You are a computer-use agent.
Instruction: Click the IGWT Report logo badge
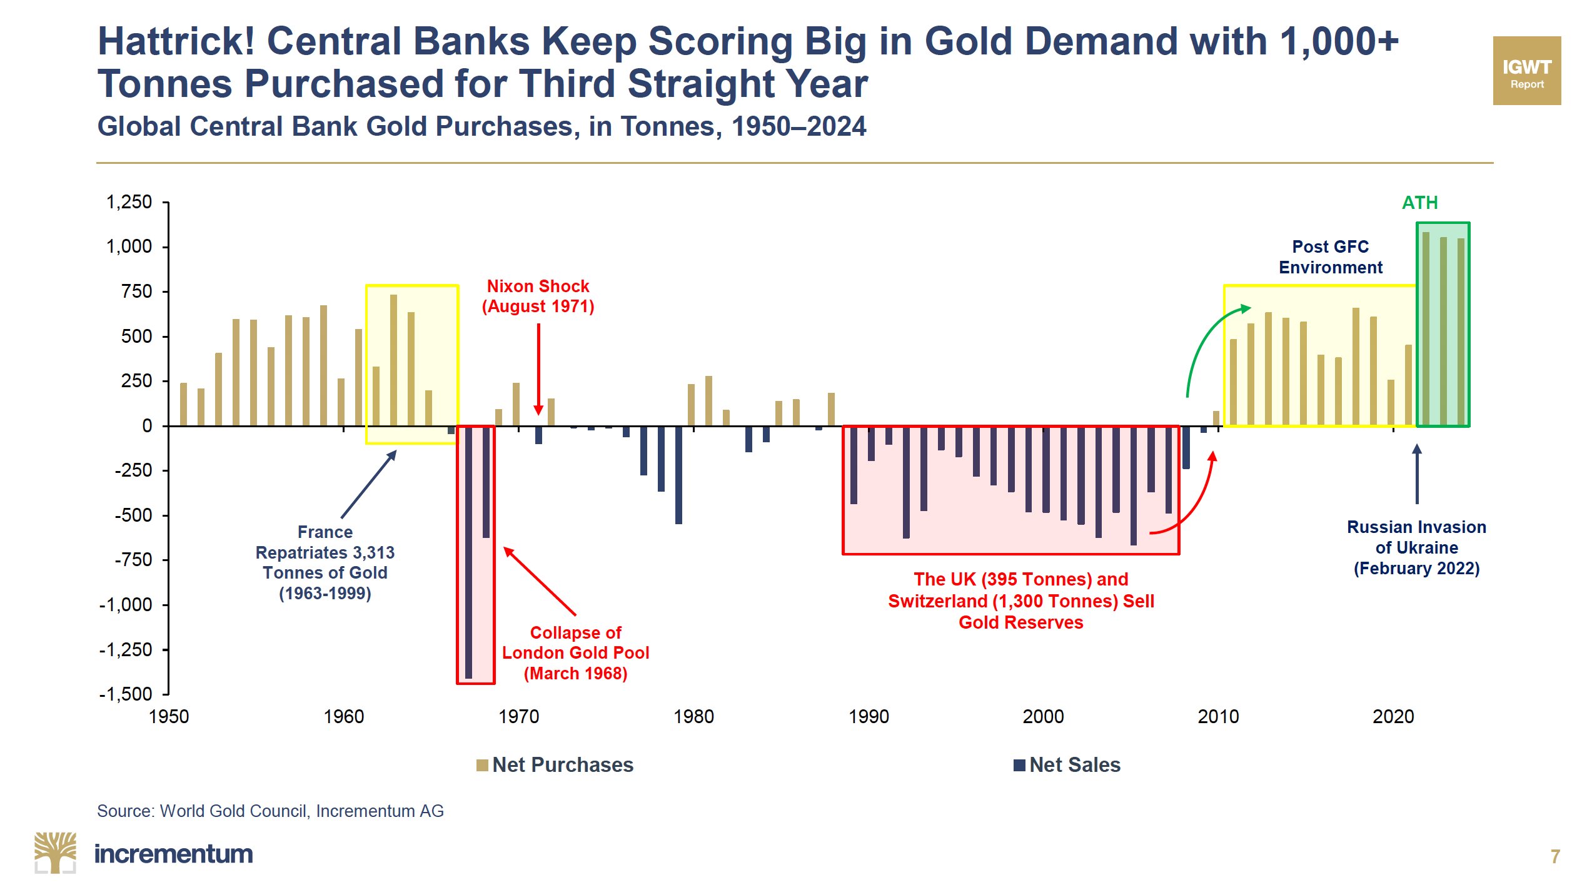coord(1526,71)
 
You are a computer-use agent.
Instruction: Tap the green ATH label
coord(1419,203)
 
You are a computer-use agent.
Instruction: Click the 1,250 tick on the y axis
coord(129,202)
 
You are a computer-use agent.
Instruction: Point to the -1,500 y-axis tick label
coord(126,694)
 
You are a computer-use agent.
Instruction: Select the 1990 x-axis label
coord(868,716)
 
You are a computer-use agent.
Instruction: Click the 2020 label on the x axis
coord(1393,716)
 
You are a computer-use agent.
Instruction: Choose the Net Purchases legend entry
coord(555,764)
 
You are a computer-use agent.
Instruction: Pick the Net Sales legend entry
coord(1067,764)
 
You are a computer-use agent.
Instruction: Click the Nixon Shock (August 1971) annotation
coord(538,296)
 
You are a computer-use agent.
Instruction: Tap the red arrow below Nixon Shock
coord(538,369)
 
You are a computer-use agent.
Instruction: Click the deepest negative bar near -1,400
coord(468,552)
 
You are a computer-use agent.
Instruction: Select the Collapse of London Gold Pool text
coord(575,652)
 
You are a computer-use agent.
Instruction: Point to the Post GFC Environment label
coord(1330,256)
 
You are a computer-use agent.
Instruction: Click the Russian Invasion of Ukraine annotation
coord(1416,547)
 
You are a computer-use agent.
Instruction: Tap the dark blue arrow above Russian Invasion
coord(1417,474)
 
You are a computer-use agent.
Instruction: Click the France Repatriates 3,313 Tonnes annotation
coord(325,562)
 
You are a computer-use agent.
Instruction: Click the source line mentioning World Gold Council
coord(270,811)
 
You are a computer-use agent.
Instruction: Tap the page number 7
coord(1555,856)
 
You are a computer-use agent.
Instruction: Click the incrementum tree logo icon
coord(55,853)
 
